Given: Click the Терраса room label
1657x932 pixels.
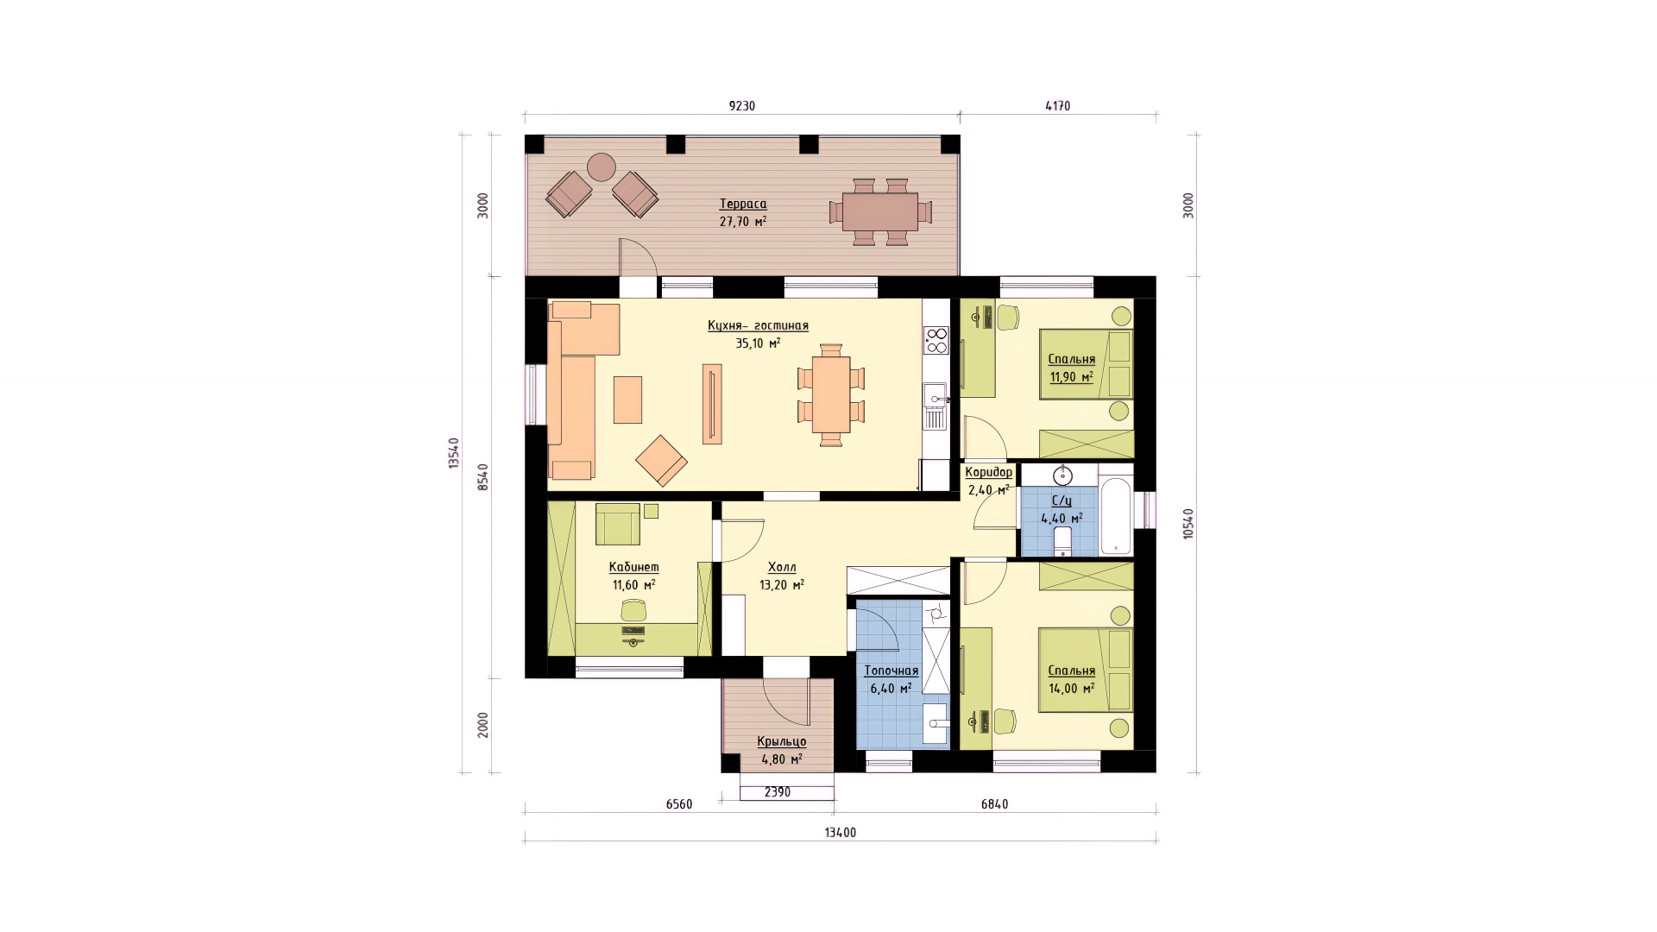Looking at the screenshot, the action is click(743, 205).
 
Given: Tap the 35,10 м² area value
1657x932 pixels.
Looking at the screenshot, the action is click(758, 343).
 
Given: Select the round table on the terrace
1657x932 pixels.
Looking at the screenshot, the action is click(602, 167).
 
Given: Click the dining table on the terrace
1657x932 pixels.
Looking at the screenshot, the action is click(879, 211).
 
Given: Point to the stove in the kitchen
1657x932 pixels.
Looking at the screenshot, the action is click(936, 340).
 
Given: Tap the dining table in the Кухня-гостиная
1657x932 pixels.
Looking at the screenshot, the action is click(831, 394).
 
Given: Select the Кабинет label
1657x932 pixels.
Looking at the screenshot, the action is click(633, 567).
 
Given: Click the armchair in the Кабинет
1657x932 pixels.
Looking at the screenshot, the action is click(618, 524).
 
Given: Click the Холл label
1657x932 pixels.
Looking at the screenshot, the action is click(782, 567).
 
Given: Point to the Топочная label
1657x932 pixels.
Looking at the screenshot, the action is click(892, 671).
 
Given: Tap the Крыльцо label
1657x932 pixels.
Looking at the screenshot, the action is click(782, 741).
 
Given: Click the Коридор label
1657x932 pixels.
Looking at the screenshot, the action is click(989, 472).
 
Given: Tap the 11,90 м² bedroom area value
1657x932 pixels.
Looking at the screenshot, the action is click(1072, 377).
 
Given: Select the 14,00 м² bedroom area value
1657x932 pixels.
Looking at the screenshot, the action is click(1072, 689).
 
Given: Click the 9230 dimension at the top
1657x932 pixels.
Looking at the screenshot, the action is click(742, 106).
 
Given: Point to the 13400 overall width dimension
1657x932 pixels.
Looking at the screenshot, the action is click(841, 833).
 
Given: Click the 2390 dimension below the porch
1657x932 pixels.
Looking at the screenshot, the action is click(778, 792).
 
